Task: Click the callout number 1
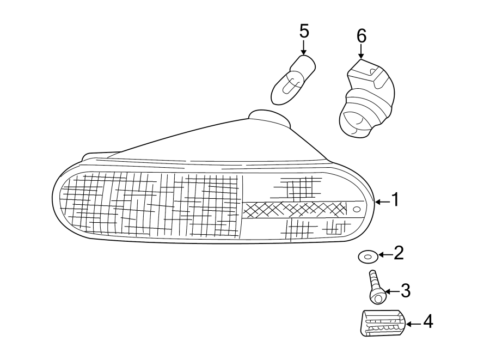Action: point(396,200)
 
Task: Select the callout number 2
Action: point(399,253)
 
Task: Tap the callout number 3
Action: point(405,291)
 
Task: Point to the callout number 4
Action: point(428,322)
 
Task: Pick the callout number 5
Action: point(304,31)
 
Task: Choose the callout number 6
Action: point(362,36)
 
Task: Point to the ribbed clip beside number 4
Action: point(383,323)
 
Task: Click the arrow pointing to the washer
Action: point(384,254)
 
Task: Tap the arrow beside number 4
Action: point(414,324)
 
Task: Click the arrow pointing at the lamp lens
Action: point(382,202)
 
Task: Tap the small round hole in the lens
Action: point(357,209)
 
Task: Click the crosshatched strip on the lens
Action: point(294,209)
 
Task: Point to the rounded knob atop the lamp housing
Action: point(269,117)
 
